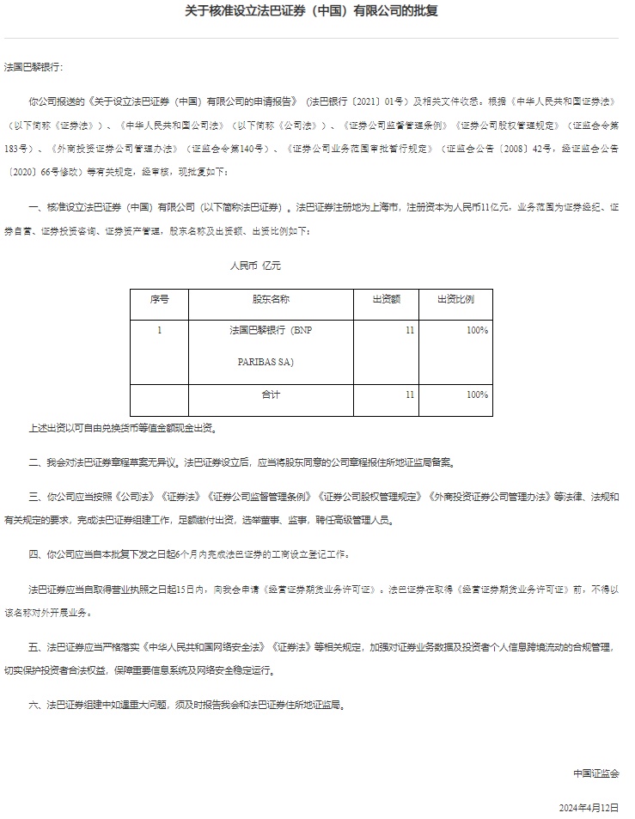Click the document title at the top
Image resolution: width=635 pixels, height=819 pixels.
point(317,11)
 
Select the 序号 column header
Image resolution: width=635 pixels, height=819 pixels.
point(159,300)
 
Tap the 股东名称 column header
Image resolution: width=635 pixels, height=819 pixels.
point(271,300)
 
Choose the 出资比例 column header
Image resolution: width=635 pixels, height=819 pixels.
point(455,300)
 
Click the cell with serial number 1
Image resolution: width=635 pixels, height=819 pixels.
point(159,331)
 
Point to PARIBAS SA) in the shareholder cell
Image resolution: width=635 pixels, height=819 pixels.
point(266,363)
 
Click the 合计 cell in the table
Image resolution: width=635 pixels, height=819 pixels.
point(271,395)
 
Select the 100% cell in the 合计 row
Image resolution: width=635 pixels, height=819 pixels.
point(477,395)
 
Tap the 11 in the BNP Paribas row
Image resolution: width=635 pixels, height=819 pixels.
point(410,331)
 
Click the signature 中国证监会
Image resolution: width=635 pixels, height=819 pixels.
point(596,773)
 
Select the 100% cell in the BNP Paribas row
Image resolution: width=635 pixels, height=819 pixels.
point(477,331)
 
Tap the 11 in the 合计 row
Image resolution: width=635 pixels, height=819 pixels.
point(410,395)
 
